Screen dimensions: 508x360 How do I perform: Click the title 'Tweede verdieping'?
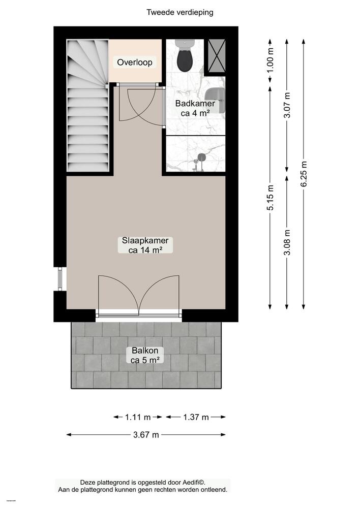pyautogui.click(x=180, y=12)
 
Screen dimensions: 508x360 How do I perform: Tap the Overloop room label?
pyautogui.click(x=135, y=62)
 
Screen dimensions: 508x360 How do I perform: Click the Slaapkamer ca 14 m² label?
pyautogui.click(x=145, y=245)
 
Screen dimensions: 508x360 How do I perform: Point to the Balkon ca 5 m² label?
pyautogui.click(x=145, y=355)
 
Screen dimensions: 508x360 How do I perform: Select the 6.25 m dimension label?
pyautogui.click(x=304, y=174)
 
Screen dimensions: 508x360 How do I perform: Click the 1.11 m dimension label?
pyautogui.click(x=138, y=417)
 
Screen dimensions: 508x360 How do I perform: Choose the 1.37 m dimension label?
pyautogui.click(x=196, y=417)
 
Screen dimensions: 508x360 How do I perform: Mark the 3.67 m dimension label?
pyautogui.click(x=146, y=435)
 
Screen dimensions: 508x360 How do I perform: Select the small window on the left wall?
pyautogui.click(x=61, y=278)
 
